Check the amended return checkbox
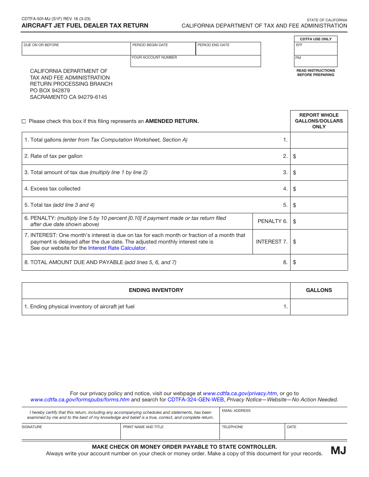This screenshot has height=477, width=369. click(24, 121)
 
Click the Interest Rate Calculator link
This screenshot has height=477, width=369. click(117, 248)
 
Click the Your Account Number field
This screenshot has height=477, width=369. click(195, 62)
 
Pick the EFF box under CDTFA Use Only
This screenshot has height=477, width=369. click(316, 50)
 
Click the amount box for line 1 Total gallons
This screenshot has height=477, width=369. click(319, 140)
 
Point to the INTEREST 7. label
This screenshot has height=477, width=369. click(272, 242)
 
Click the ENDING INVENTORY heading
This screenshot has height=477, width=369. click(156, 290)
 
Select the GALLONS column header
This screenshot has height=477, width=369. click(319, 290)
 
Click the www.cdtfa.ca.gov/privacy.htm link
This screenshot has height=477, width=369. click(240, 393)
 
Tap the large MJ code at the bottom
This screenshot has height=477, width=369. click(338, 450)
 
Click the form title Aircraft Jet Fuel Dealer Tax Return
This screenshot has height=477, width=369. click(85, 26)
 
